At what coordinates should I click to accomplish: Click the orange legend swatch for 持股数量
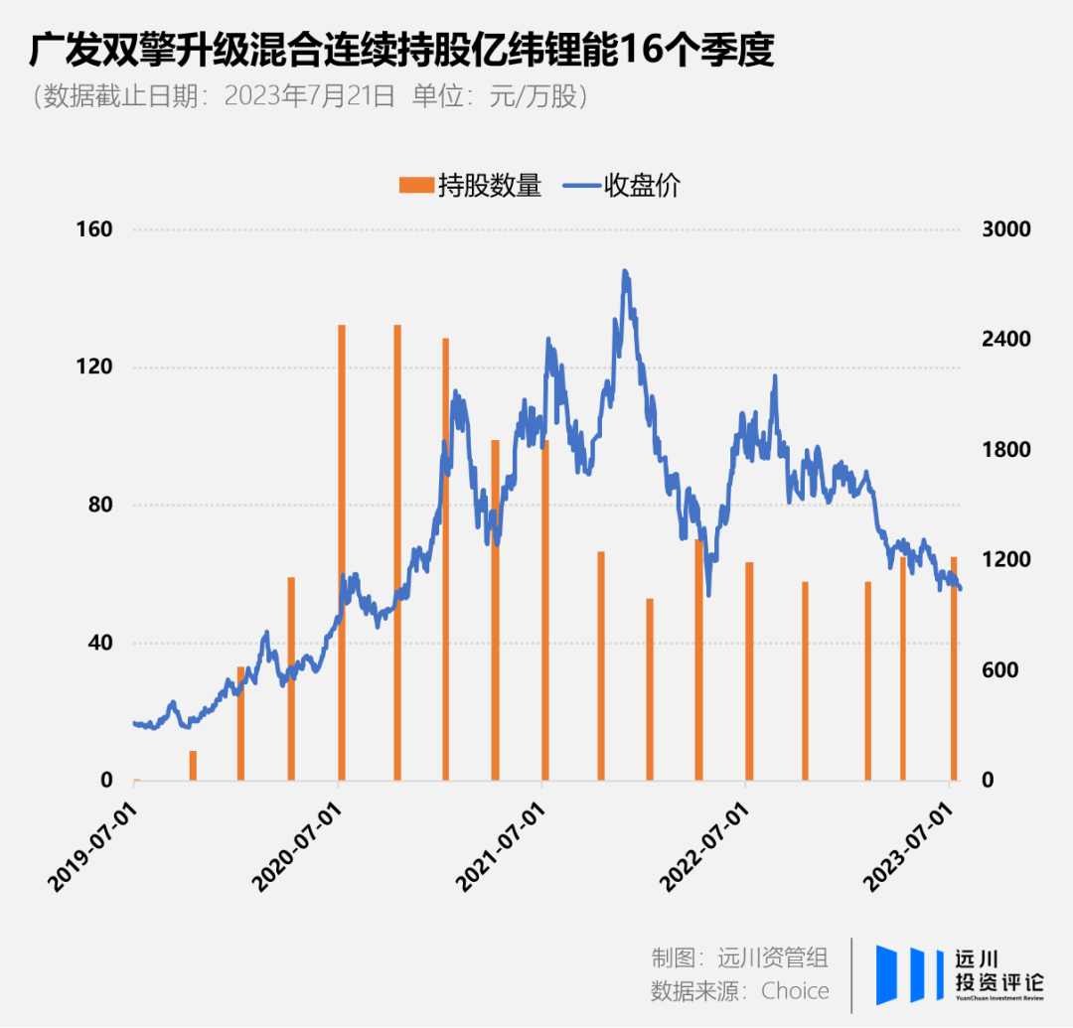tap(415, 185)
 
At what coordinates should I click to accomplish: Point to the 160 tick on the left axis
tap(95, 229)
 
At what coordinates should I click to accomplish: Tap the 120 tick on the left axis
tap(95, 367)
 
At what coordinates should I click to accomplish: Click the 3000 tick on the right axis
tap(1007, 229)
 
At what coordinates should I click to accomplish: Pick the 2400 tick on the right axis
tap(1007, 340)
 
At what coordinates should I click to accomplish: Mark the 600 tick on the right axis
tap(1001, 670)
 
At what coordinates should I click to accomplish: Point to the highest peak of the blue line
tap(625, 270)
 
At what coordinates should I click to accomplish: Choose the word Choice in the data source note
tap(795, 990)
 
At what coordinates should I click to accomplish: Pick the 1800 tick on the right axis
tap(1007, 450)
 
